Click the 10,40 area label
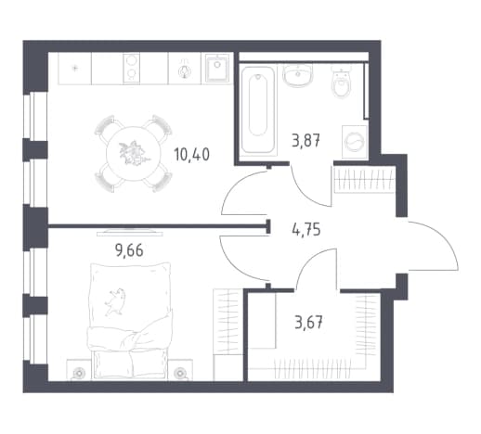pos(192,154)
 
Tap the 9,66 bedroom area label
pos(129,250)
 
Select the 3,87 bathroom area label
pos(305,141)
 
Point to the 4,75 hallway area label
pos(306,229)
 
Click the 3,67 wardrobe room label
pos(308,324)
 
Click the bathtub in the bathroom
pos(258,109)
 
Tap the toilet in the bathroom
pos(341,82)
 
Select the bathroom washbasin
pos(298,74)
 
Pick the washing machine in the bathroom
pos(355,142)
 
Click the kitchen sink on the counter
pos(217,69)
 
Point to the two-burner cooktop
pos(132,69)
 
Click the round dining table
pos(134,154)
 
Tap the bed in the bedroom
pos(130,321)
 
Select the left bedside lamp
pos(79,374)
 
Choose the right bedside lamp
pos(179,374)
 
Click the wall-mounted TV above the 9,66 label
pos(130,233)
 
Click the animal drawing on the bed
pos(115,301)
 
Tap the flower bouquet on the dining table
pos(134,153)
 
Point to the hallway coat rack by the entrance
pos(364,180)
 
